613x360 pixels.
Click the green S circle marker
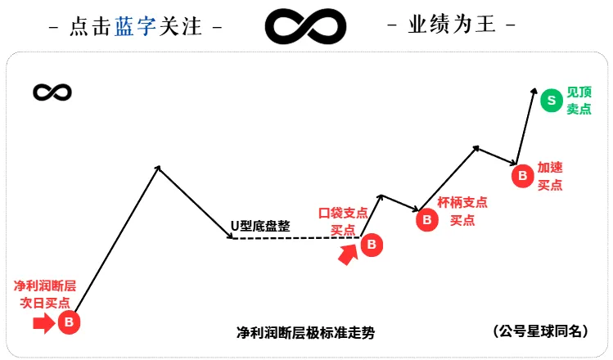coord(552,101)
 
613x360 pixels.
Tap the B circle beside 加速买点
coord(521,175)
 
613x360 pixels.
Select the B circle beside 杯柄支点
coord(426,218)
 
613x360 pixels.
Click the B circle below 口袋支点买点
coord(372,244)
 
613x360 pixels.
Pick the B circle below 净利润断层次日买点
coord(69,322)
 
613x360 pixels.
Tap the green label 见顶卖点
coord(579,101)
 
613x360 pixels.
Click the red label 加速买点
coord(550,176)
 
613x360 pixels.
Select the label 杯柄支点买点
coord(462,211)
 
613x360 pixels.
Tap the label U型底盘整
coord(259,226)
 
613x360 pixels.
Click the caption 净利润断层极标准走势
coord(306,333)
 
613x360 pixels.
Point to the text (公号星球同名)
coord(541,331)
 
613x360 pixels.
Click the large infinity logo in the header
coord(305,27)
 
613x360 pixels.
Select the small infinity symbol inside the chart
coord(52,92)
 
